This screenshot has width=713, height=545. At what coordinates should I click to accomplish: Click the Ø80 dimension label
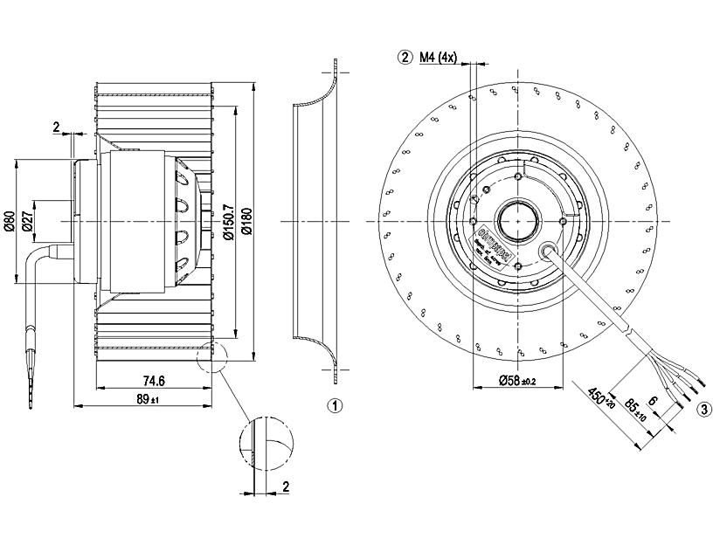pos(9,222)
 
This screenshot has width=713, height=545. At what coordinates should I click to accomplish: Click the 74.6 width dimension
pos(153,380)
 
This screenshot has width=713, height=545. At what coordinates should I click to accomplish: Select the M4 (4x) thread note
pos(438,58)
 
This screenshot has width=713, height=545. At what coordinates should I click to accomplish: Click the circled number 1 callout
pos(335,406)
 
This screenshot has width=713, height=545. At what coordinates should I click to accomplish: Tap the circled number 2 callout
pos(404,58)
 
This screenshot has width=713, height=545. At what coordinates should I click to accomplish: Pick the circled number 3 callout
pos(703,408)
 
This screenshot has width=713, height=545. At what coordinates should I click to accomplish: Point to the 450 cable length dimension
pos(601,403)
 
